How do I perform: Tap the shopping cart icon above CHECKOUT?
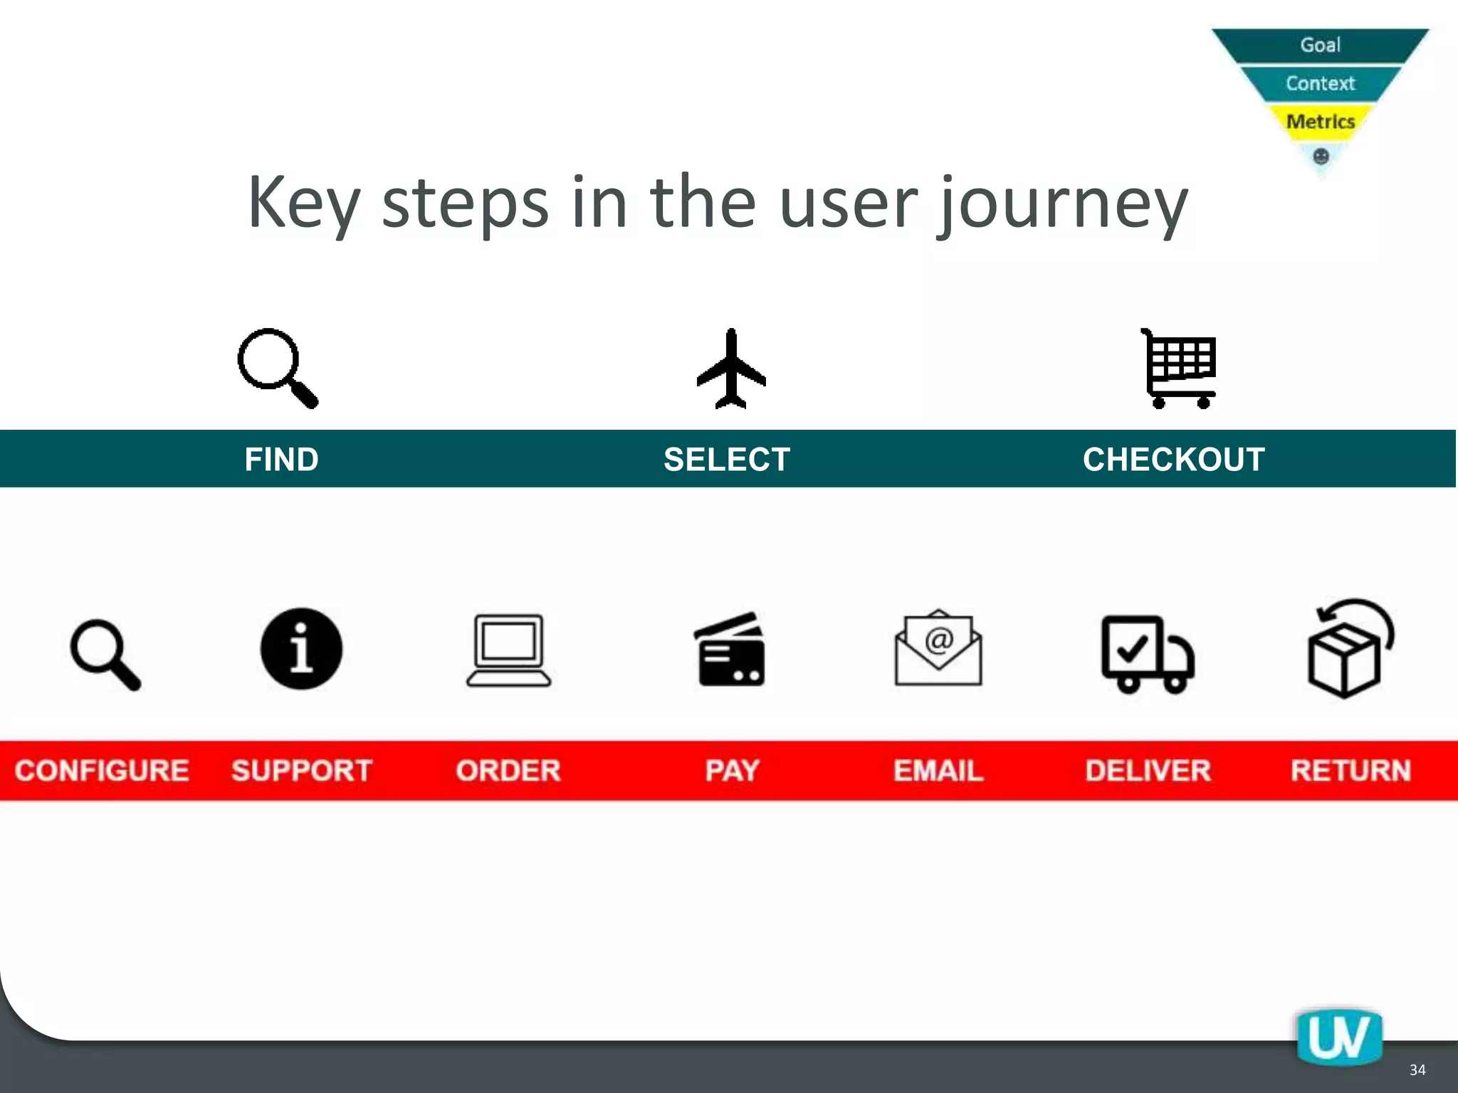click(1180, 369)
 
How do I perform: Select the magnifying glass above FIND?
click(277, 367)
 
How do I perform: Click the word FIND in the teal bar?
click(281, 460)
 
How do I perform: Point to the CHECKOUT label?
click(1173, 460)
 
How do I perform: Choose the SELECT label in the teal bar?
click(727, 460)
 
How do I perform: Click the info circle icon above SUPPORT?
click(301, 649)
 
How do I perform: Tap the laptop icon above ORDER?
click(509, 651)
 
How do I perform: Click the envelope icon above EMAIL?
click(938, 648)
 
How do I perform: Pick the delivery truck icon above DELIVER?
click(1147, 654)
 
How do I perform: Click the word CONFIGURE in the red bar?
click(102, 771)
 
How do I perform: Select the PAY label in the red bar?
click(732, 771)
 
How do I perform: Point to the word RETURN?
click(1351, 771)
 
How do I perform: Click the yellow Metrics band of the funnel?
click(1321, 122)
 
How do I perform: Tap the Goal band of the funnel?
click(1321, 45)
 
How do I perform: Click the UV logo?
click(1339, 1038)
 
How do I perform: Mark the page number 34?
click(1417, 1070)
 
